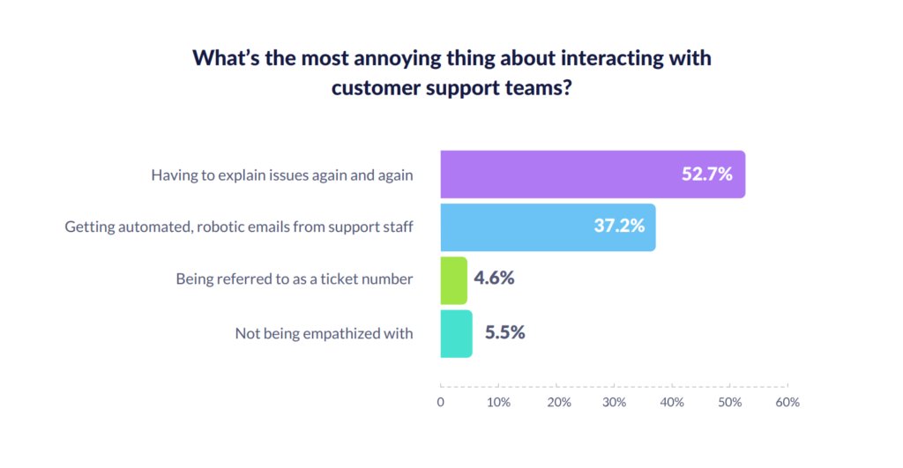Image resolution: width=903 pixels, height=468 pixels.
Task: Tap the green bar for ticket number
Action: point(453,280)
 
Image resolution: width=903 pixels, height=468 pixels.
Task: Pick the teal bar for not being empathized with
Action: point(456,333)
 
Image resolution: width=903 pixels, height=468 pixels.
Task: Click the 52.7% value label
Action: point(707,175)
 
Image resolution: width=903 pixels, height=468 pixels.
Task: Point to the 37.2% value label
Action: point(619,227)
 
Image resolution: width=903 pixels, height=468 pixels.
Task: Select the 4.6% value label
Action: point(494,279)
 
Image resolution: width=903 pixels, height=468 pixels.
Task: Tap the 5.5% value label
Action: point(504,333)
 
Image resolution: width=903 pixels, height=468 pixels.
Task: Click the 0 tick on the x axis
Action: point(441,402)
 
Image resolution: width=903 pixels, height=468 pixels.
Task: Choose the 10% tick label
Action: point(498,402)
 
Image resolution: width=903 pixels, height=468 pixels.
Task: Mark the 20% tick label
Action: point(556,402)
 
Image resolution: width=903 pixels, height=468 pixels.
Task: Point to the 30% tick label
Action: point(614,402)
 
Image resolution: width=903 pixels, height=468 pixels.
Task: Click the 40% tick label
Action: point(672,402)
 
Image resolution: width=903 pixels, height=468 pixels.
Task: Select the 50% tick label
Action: point(729,402)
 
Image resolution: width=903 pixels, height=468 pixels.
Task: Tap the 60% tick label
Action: point(787,402)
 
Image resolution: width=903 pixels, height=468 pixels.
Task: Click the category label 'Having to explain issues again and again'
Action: point(281,175)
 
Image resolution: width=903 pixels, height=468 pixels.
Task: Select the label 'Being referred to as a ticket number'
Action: point(294,279)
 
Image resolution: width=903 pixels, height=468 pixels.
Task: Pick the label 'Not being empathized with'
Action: point(324,333)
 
